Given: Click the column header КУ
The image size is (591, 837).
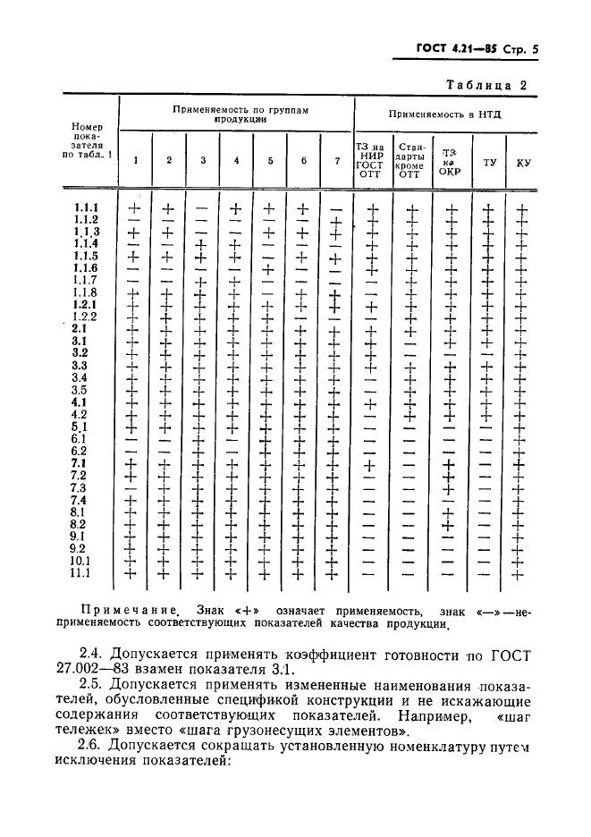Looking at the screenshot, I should pyautogui.click(x=523, y=163).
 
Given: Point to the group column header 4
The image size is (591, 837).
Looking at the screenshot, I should pyautogui.click(x=236, y=160).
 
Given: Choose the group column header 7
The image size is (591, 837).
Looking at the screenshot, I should pyautogui.click(x=336, y=160).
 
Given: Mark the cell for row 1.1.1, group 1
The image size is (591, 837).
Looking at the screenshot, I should pyautogui.click(x=135, y=208).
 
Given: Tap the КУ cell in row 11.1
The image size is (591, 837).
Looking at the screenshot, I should pyautogui.click(x=523, y=573).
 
